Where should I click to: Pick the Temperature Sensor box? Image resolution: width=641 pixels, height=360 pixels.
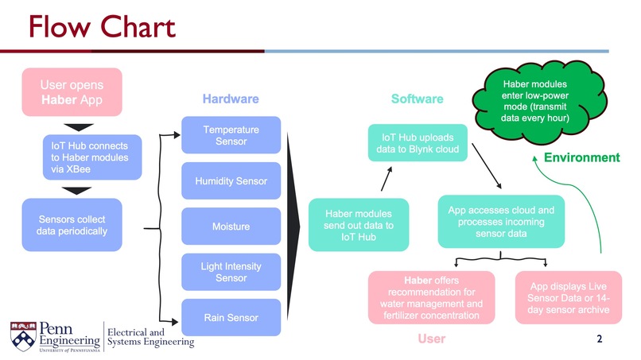[231, 135]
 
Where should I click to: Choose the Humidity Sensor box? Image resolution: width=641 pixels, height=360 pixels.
[231, 181]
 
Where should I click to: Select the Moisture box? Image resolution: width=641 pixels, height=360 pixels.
[231, 226]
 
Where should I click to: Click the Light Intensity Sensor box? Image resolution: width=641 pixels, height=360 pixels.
[231, 272]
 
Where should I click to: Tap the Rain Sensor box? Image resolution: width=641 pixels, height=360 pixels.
[231, 318]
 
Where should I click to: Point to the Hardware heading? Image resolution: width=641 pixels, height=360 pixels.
[231, 99]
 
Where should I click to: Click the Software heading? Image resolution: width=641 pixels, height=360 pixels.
[417, 99]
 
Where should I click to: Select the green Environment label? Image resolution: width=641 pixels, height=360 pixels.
[581, 157]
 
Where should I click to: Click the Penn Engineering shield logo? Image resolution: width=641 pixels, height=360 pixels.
[21, 335]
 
